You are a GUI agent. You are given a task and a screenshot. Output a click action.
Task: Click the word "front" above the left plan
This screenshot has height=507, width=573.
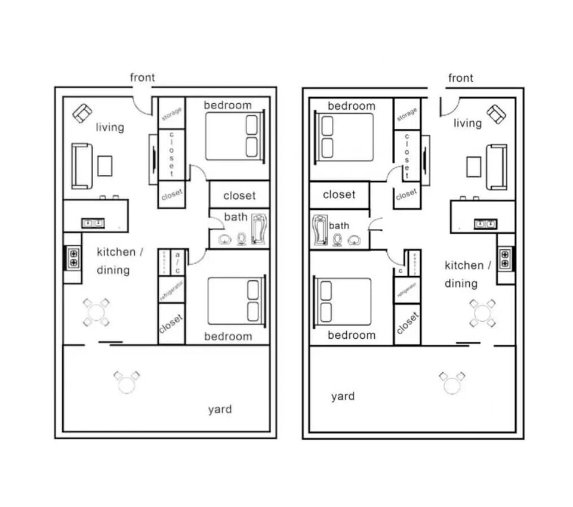pos(142,78)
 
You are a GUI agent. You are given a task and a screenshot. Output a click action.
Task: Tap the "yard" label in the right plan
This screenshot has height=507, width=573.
pos(343,396)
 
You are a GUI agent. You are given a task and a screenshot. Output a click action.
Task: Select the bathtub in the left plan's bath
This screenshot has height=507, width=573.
pos(259,229)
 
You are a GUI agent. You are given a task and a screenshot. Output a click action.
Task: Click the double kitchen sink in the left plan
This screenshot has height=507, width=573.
pos(93,223)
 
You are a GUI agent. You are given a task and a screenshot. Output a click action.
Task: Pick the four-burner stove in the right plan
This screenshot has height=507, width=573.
pos(505,257)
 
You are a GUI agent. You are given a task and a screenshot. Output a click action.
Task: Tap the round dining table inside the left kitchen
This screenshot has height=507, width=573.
pos(96,312)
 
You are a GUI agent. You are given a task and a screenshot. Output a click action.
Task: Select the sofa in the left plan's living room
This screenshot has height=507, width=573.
pos(81,165)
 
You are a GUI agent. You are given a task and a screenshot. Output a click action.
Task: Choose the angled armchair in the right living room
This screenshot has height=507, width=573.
pos(496,113)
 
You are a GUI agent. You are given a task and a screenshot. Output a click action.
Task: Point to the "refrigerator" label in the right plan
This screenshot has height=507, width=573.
pos(406,290)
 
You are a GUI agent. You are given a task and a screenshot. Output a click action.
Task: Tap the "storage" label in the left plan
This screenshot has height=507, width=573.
pos(172,112)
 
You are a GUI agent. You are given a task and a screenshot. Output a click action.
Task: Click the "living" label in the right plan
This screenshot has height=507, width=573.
pos(467,123)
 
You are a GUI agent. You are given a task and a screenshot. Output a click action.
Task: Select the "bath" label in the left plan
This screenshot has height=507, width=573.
pos(236,217)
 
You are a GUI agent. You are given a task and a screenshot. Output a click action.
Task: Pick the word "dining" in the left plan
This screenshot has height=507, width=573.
pos(113,270)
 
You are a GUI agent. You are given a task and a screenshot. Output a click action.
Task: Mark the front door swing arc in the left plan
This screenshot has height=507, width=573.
pos(143,105)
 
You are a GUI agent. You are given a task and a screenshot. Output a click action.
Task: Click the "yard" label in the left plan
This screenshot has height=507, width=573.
pos(220,409)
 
